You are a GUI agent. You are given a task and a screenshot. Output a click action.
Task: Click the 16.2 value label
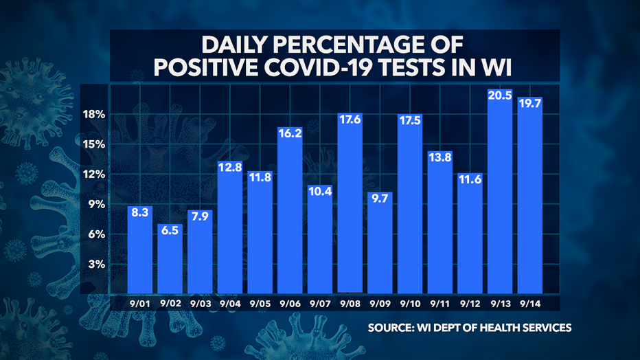[290, 135]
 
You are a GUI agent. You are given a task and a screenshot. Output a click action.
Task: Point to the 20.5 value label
[500, 95]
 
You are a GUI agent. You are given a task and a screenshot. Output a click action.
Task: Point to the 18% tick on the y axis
[92, 114]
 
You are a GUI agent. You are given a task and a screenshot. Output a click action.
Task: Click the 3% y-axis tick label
[95, 265]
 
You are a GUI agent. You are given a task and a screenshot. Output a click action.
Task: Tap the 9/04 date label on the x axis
[231, 302]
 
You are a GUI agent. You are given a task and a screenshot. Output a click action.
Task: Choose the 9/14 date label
[529, 302]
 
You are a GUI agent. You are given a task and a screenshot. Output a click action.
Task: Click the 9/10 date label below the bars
[410, 302]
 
